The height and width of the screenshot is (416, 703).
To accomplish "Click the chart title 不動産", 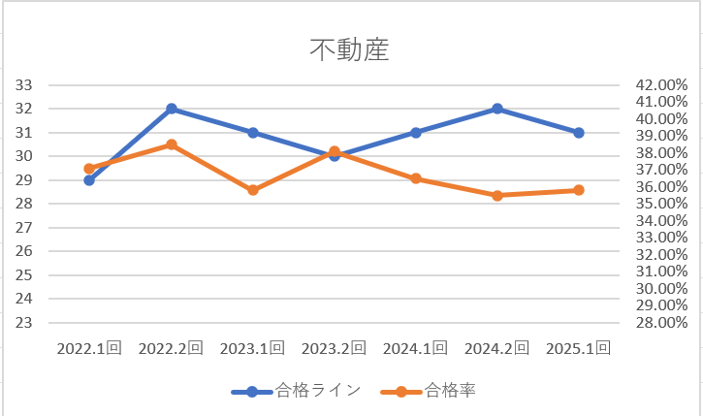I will [x=350, y=49].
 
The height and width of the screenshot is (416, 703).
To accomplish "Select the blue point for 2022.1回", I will [x=89, y=179].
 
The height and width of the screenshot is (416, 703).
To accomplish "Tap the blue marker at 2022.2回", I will [x=172, y=109].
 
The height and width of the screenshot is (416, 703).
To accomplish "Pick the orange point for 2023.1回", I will [x=253, y=190].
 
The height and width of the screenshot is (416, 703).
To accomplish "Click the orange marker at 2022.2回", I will [x=172, y=144].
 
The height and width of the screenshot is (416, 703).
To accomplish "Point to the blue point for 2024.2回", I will [x=497, y=109].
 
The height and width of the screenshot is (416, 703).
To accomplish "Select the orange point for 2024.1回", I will [x=416, y=178].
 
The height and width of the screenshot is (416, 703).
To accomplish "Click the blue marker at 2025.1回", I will [x=579, y=133].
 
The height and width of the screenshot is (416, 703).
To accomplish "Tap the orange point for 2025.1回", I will [x=579, y=190].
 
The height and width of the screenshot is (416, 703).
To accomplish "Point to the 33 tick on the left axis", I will [x=24, y=85].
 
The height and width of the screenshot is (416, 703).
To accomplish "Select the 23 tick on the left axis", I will [x=24, y=323].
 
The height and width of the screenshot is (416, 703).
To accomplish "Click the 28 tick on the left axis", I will [x=24, y=204].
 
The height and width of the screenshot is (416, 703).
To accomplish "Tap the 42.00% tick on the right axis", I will [x=660, y=85].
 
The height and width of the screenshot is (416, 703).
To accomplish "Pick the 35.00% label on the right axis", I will [x=660, y=204].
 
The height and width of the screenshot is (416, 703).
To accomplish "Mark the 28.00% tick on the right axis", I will [x=660, y=323].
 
